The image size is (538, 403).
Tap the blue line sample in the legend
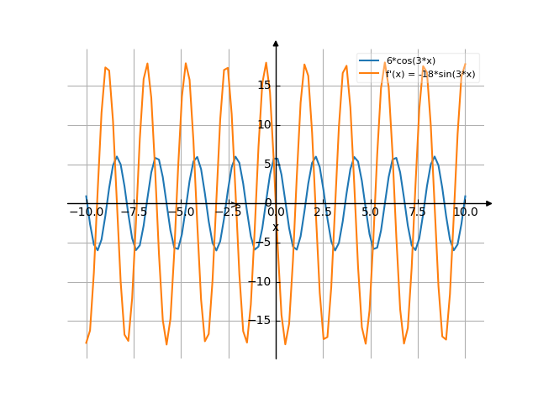[370, 61]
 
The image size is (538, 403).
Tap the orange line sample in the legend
[370, 74]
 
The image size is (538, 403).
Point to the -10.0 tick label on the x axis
[87, 212]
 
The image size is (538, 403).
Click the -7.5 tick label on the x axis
[134, 212]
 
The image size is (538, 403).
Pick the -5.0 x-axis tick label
[181, 212]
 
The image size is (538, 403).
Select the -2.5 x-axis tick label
[228, 212]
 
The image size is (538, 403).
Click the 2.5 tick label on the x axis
[323, 212]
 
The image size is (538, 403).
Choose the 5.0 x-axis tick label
[370, 212]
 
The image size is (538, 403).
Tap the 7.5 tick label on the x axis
[418, 212]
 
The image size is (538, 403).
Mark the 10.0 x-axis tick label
[465, 212]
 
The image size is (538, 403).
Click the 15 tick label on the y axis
[264, 86]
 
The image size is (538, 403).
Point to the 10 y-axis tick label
[264, 125]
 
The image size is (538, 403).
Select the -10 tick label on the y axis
[262, 282]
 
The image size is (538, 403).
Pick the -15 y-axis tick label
[262, 322]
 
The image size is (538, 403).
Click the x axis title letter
[275, 227]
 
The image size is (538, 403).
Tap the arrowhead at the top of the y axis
[276, 43]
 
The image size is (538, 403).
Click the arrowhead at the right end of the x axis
[488, 203]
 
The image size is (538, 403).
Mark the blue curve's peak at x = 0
[276, 157]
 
